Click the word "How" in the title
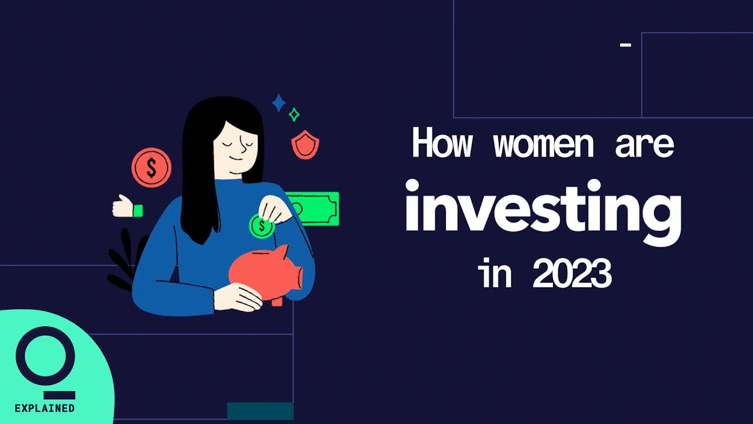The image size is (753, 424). coord(442,143)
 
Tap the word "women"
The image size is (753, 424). coord(543,145)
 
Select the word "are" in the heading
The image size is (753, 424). coord(645,145)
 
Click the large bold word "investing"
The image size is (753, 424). coord(544,213)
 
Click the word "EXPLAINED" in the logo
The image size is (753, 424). coord(44,408)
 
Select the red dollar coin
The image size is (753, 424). coord(151,168)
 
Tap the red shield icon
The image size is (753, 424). coord(305,145)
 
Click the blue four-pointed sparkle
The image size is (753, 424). coord(279,102)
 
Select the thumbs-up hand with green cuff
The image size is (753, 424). coord(127,206)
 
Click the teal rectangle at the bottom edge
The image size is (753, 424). coord(260,411)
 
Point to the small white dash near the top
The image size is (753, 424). coord(625,44)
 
